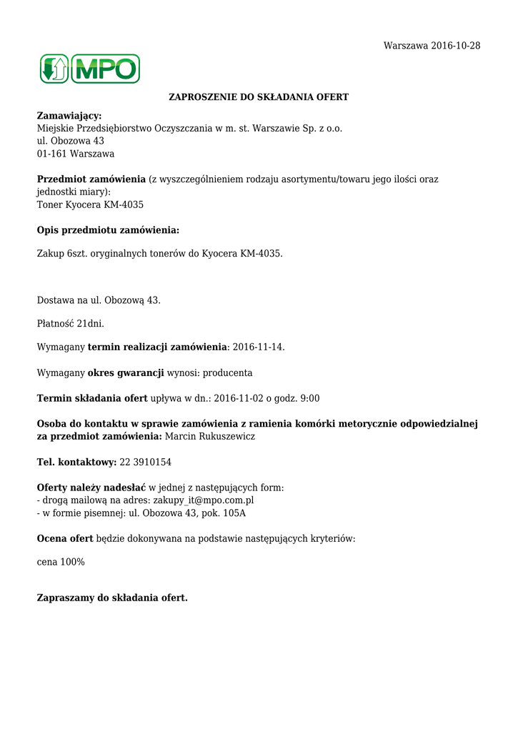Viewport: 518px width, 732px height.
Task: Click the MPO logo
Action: coord(89,69)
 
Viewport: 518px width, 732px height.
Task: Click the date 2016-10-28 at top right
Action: coord(455,46)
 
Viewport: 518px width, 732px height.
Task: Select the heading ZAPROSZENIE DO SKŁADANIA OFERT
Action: coord(258,97)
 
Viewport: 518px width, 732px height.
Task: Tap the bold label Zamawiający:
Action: coord(69,115)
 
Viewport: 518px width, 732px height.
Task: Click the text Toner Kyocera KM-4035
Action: coord(90,204)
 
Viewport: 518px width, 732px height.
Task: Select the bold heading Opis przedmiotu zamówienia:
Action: coord(108,230)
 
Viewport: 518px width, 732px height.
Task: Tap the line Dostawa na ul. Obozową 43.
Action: coord(99,300)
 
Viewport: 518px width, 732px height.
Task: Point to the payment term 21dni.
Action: coord(90,324)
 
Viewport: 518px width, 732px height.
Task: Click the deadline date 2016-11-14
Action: coord(258,347)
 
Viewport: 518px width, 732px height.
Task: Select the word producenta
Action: coord(227,373)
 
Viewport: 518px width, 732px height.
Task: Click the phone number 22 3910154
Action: coord(145,463)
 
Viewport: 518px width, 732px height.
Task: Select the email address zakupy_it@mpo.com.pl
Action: coord(204,500)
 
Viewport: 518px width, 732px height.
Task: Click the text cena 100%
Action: coord(61,563)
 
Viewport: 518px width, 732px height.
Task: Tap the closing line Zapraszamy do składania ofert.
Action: coord(112,598)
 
